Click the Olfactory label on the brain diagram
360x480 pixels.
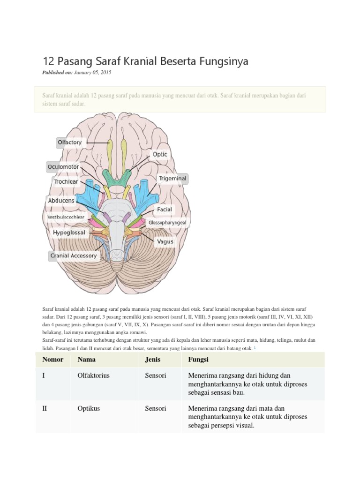coord(70,142)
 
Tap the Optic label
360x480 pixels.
coord(160,154)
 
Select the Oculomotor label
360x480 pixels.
coord(63,167)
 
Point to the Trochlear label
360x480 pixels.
coord(66,181)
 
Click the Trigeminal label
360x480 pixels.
coord(172,178)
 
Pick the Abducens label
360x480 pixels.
coord(61,201)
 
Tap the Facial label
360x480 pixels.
coord(165,210)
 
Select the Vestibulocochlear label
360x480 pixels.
coord(66,217)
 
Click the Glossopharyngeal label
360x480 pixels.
coord(167,223)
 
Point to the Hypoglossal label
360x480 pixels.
coord(69,232)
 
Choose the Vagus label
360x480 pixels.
coord(165,241)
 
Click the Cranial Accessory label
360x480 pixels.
coord(74,255)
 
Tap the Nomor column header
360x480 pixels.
coord(53,360)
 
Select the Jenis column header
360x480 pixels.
coord(153,360)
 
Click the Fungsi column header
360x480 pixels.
coord(198,360)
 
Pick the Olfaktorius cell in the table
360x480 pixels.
coord(93,375)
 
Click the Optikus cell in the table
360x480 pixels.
coord(89,408)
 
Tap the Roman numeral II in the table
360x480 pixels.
coord(45,408)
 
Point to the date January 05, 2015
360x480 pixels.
coord(92,73)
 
